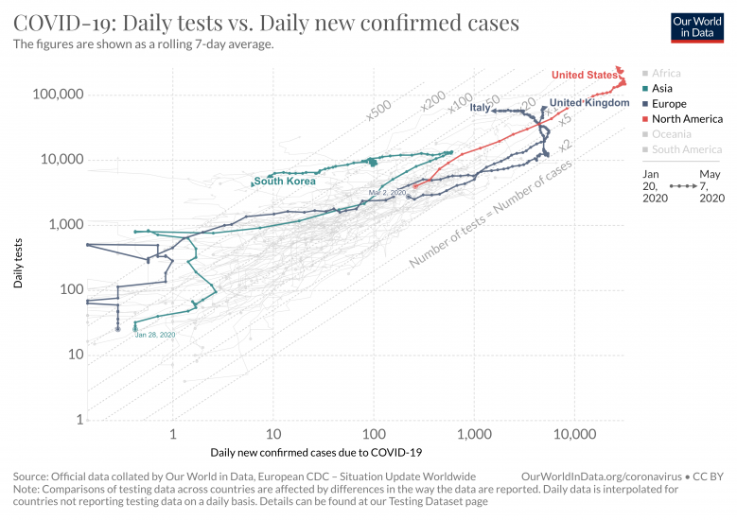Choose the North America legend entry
tap(688, 119)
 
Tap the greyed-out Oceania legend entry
tap(674, 134)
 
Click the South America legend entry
tap(687, 149)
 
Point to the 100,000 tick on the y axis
tap(58, 95)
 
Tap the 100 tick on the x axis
tap(374, 435)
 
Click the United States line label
tap(584, 76)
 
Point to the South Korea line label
tap(284, 182)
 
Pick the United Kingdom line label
tap(588, 102)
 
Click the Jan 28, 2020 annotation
tap(155, 335)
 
